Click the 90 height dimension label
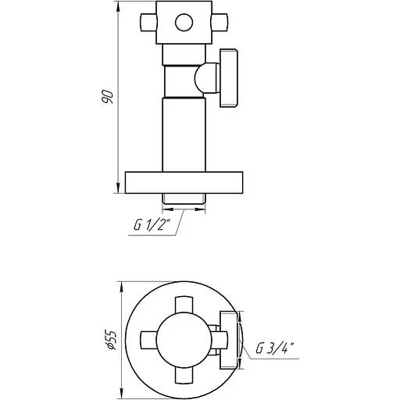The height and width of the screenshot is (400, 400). (x=107, y=97)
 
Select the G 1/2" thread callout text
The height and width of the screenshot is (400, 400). (x=152, y=225)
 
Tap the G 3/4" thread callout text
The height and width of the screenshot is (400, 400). (x=275, y=348)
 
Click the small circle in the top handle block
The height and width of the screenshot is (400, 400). (x=184, y=23)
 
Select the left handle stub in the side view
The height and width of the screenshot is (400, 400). (x=148, y=23)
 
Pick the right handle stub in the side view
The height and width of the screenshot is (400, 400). (x=220, y=23)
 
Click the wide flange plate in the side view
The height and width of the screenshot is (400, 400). (x=184, y=182)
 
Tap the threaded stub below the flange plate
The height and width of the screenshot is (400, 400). (x=184, y=198)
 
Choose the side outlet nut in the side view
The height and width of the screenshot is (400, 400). (x=229, y=78)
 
